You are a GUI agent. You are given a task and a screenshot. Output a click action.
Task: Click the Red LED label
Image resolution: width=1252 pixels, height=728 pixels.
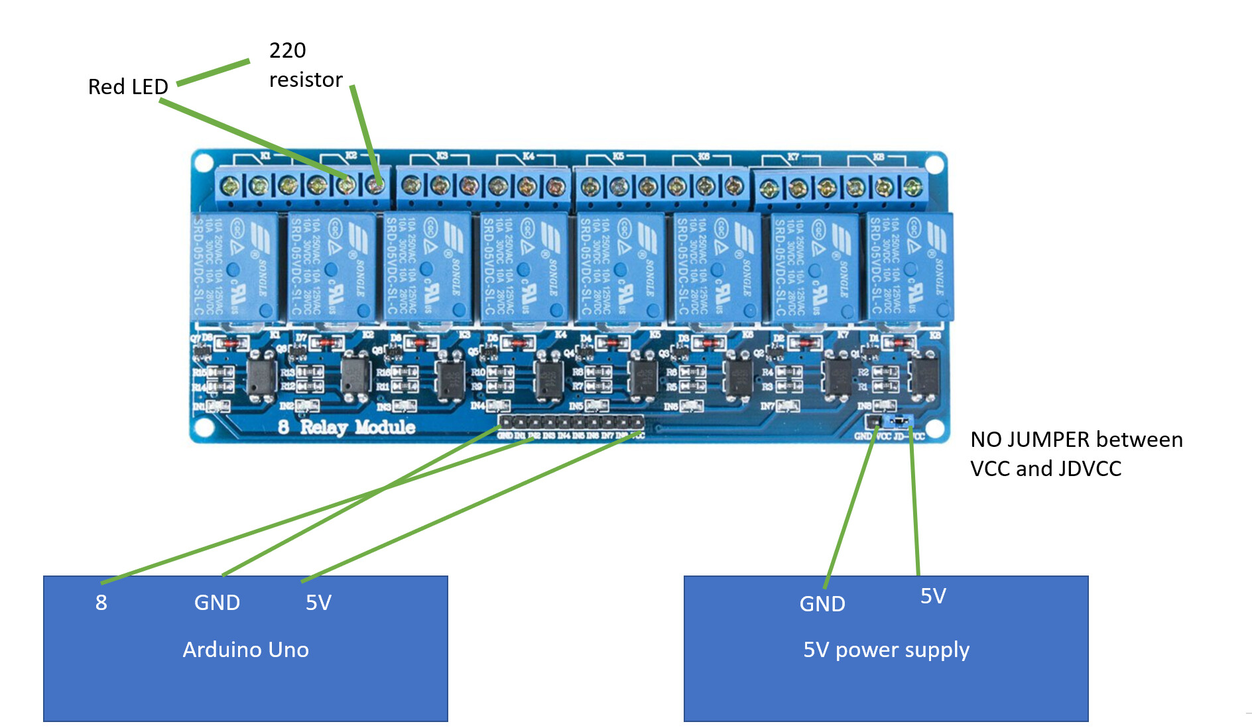(128, 87)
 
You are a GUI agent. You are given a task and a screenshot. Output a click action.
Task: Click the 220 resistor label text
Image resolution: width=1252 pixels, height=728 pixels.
(305, 65)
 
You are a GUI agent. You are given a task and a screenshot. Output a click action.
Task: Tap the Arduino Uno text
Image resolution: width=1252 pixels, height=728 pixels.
(245, 649)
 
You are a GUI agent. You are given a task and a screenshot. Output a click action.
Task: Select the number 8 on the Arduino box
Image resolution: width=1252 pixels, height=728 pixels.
(101, 603)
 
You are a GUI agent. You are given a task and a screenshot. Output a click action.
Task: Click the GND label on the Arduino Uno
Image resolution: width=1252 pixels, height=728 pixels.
(217, 603)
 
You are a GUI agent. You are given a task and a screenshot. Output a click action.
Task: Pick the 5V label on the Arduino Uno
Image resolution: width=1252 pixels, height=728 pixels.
(318, 603)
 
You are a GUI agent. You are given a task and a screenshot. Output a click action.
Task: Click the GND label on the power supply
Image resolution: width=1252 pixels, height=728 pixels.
(822, 604)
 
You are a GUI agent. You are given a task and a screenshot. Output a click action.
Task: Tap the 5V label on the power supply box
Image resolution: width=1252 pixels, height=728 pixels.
(933, 596)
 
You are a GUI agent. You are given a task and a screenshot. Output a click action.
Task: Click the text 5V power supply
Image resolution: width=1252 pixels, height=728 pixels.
(886, 649)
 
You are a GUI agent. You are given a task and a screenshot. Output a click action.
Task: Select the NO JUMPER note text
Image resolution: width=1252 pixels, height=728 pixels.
(1076, 454)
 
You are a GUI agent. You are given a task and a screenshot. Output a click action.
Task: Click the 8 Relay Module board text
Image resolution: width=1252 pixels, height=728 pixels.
(347, 427)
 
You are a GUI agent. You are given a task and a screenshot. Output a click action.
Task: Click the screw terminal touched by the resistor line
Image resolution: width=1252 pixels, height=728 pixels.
(375, 185)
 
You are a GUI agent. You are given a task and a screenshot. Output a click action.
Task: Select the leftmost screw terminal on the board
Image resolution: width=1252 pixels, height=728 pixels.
(230, 186)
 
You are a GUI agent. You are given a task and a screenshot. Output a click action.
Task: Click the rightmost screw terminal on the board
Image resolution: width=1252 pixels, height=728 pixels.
(913, 188)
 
